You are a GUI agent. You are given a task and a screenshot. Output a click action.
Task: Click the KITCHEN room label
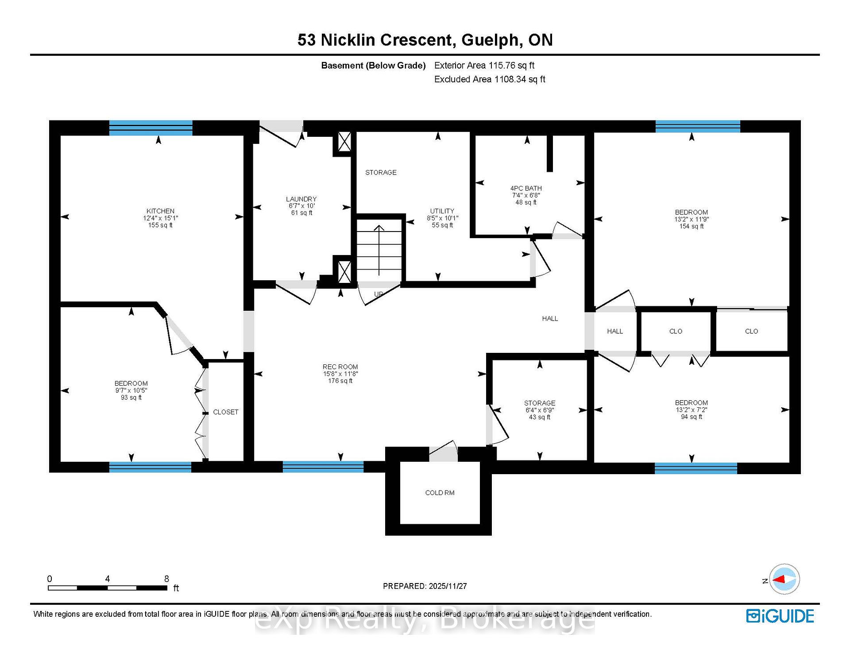pos(160,211)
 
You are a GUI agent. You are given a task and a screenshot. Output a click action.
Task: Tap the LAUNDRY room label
pos(301,199)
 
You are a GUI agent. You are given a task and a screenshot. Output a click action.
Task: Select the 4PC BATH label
pos(526,188)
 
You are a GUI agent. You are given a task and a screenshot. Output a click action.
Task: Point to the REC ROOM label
pos(340,367)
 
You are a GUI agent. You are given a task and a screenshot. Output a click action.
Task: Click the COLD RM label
pos(440,493)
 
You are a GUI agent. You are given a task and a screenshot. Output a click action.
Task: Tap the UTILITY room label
pos(442,211)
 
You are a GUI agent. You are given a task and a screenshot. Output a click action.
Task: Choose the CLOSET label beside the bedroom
pos(226,412)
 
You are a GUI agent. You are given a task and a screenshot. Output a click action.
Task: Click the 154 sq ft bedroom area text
pos(692,226)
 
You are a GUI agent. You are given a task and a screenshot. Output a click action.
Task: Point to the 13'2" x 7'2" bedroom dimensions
pos(692,410)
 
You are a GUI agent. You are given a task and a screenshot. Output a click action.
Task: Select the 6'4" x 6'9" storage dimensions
pos(540,410)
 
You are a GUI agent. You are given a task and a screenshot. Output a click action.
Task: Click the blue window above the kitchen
pos(151,128)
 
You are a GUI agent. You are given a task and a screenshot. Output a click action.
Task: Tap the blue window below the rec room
pos(323,467)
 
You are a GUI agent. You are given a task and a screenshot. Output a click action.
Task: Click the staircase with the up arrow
pos(379,250)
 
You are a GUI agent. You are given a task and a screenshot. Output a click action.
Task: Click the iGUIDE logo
pos(780,616)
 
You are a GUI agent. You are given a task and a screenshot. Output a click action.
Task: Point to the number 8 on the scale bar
pos(166,579)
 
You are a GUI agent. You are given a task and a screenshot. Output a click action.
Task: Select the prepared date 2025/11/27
pos(448,586)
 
